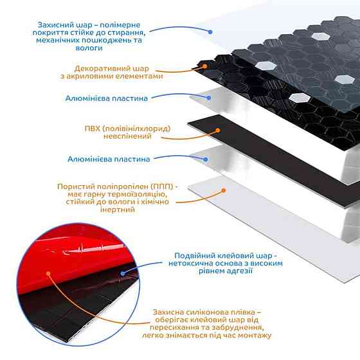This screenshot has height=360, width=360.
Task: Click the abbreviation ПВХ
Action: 93,129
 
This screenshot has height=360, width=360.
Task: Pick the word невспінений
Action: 127,136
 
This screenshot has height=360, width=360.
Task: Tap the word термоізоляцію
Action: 138,194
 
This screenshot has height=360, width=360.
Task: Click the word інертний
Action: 117,210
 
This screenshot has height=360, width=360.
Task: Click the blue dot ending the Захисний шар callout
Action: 210,32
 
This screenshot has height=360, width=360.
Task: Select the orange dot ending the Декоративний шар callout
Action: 205,66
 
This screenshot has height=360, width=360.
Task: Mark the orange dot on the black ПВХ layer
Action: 218,130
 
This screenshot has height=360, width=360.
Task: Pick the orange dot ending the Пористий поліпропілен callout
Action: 224,190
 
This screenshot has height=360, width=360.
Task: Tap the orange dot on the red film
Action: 48,273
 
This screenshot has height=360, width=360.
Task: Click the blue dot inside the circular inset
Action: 123,273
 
